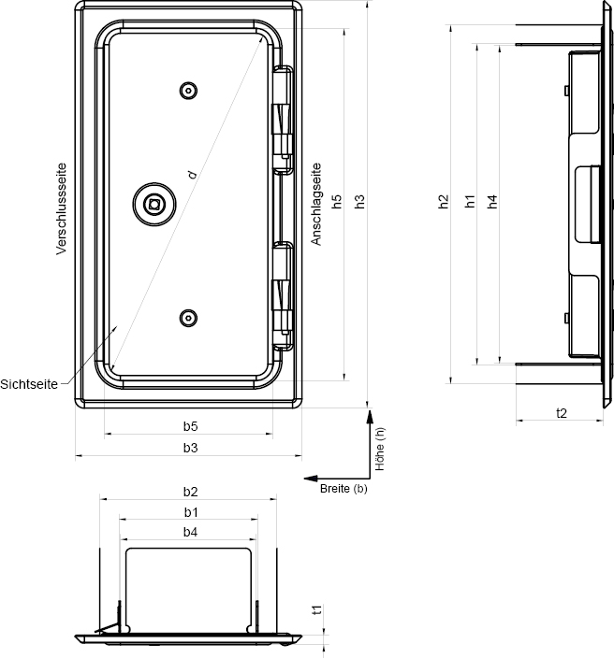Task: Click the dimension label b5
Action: click(190, 426)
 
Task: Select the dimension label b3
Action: click(190, 448)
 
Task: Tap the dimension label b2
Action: click(190, 492)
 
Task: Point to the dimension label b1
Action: click(191, 512)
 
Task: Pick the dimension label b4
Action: click(190, 532)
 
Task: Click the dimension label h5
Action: click(337, 202)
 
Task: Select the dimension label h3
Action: click(359, 202)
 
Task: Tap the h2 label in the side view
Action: click(444, 202)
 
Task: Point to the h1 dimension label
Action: click(470, 202)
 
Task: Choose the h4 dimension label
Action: click(492, 202)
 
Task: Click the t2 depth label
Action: click(562, 413)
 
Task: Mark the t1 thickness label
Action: click(317, 609)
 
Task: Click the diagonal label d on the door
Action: click(192, 175)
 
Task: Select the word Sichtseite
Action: click(29, 384)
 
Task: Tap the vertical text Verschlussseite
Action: click(62, 208)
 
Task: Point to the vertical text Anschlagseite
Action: click(315, 204)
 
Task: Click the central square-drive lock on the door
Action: click(154, 205)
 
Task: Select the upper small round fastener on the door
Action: click(188, 91)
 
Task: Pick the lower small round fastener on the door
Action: click(188, 318)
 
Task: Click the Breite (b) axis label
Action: click(344, 489)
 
